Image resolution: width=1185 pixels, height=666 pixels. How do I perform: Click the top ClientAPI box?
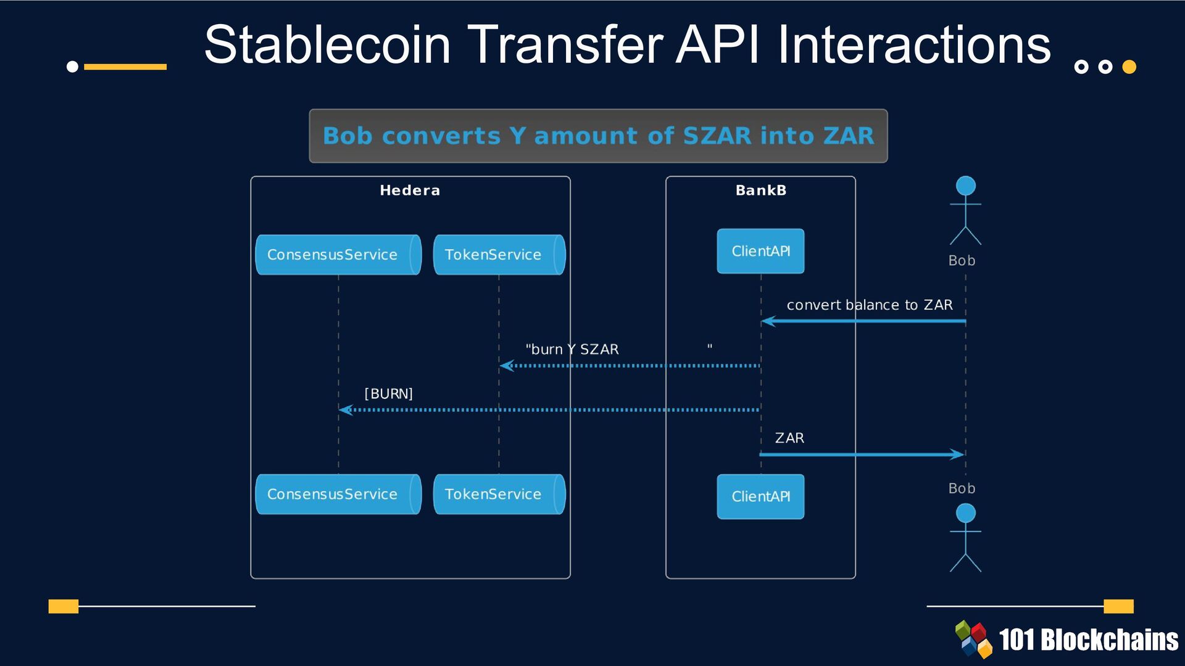pos(760,251)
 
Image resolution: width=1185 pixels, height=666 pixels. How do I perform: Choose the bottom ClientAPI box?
pos(760,496)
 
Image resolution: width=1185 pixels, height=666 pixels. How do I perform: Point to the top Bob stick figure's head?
pos(965,186)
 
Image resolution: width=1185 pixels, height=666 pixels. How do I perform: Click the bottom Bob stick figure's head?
pos(965,513)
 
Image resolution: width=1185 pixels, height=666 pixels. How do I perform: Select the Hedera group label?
pos(410,191)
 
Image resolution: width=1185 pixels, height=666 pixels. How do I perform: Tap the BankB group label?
pos(760,191)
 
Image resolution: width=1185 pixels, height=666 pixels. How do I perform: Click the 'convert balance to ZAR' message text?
pos(869,305)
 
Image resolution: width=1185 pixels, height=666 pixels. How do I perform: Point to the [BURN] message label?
pos(388,393)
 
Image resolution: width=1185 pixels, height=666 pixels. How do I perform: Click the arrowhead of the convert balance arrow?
pos(767,321)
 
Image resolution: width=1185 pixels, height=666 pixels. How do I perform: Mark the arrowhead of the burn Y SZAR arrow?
pos(506,366)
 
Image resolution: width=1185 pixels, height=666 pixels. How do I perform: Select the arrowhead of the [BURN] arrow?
pos(345,410)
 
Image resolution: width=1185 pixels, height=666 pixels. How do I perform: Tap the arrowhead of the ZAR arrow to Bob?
pos(958,454)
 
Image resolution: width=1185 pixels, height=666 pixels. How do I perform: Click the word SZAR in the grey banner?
pos(717,136)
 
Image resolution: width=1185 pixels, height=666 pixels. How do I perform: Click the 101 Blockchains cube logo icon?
pos(974,639)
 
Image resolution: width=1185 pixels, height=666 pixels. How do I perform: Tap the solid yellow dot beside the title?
pos(1129,67)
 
